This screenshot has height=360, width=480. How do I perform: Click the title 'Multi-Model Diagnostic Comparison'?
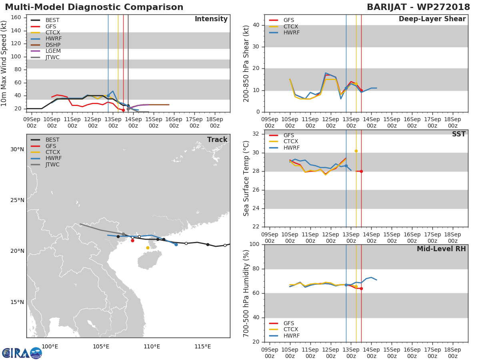(x=94, y=7)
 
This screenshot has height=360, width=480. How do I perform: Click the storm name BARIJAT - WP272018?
(x=418, y=7)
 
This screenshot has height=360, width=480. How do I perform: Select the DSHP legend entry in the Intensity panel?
(x=52, y=45)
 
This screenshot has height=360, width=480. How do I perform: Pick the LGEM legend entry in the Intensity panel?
(x=53, y=51)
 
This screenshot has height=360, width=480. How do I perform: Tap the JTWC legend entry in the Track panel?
(x=52, y=164)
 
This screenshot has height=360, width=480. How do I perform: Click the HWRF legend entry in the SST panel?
(x=291, y=148)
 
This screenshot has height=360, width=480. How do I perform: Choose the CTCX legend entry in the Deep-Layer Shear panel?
(x=291, y=26)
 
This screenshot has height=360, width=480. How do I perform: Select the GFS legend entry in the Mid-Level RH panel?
(x=288, y=323)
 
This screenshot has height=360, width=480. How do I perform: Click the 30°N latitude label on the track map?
(x=17, y=150)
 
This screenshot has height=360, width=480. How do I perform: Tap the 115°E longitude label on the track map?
(x=202, y=346)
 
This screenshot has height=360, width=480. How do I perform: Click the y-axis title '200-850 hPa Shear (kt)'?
(x=246, y=63)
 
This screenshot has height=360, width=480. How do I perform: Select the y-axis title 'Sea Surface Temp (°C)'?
(x=246, y=178)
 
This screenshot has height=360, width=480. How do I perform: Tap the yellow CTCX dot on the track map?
(x=148, y=248)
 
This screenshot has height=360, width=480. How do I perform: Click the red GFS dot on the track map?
(x=132, y=240)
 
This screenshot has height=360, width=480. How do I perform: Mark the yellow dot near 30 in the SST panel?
(x=356, y=151)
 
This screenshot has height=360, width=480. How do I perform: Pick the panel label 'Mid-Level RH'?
(x=441, y=249)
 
